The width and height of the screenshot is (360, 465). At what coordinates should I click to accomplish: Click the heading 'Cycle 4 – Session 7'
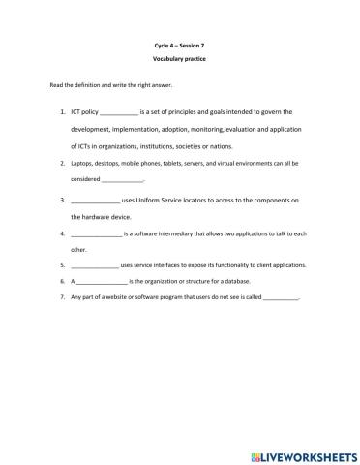click(180, 45)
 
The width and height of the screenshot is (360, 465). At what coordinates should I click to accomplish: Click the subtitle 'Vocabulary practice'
click(180, 60)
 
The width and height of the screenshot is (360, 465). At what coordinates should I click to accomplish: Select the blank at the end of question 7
click(282, 297)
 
